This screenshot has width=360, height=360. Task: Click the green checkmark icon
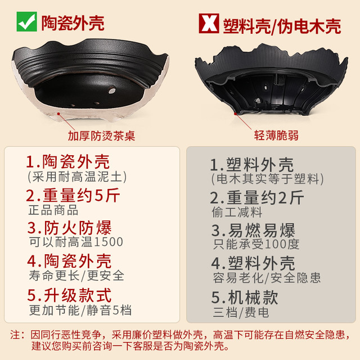pos(26,21)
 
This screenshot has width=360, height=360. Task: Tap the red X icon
pos(209,23)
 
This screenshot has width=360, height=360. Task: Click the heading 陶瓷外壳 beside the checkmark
pos(73,23)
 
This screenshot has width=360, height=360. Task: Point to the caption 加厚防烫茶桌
pos(101,136)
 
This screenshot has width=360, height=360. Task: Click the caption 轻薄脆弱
pos(276,135)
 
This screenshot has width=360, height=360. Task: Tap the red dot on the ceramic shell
pos(58,114)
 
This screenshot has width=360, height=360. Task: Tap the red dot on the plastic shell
pos(235,114)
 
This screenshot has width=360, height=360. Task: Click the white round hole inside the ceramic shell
pos(112,90)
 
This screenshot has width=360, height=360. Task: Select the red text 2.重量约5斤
pos(73,195)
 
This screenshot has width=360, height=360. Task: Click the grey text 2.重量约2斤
pos(257,197)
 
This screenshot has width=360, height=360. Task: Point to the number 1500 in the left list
pos(109,242)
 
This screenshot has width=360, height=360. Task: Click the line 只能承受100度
pos(256,244)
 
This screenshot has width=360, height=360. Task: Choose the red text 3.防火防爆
pos(69,228)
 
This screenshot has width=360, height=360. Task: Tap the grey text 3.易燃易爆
pos(253,230)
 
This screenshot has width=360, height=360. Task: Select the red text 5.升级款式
pos(69,295)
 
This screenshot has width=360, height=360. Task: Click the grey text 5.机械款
pos(245,298)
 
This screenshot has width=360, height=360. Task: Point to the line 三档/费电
pos(241,312)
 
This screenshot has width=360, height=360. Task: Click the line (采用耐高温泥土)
pos(77,177)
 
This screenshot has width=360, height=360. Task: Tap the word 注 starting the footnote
pos(15,335)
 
